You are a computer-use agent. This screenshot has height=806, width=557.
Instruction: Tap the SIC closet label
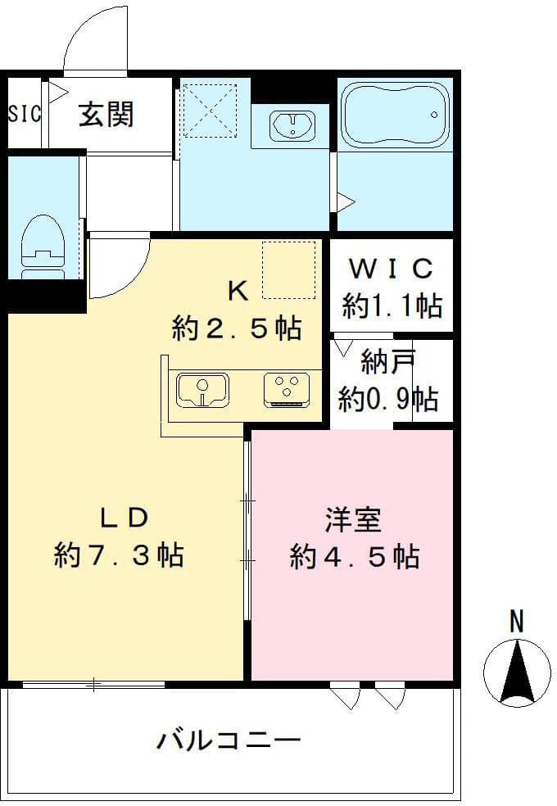(24, 114)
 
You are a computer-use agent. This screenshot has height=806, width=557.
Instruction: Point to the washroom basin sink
(291, 126)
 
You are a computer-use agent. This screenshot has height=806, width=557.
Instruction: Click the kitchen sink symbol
(202, 388)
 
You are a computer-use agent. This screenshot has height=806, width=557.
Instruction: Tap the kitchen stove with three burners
(287, 388)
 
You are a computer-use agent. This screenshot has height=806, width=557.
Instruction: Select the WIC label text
(391, 269)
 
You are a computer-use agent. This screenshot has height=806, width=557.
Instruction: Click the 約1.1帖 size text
(392, 306)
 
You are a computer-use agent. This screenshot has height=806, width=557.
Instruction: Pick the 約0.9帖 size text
(388, 399)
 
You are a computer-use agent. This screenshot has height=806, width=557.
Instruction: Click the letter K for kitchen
(237, 289)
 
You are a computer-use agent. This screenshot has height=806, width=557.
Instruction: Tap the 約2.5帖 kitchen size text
(237, 328)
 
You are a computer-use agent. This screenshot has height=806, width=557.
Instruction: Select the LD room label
(124, 518)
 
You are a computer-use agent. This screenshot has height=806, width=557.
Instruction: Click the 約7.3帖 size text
(119, 556)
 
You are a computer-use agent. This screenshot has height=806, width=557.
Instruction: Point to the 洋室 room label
(353, 518)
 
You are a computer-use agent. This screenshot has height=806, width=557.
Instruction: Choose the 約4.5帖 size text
(355, 557)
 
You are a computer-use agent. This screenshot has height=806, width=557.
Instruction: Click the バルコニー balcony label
(229, 742)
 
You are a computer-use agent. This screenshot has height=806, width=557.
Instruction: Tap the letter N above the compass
(516, 622)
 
